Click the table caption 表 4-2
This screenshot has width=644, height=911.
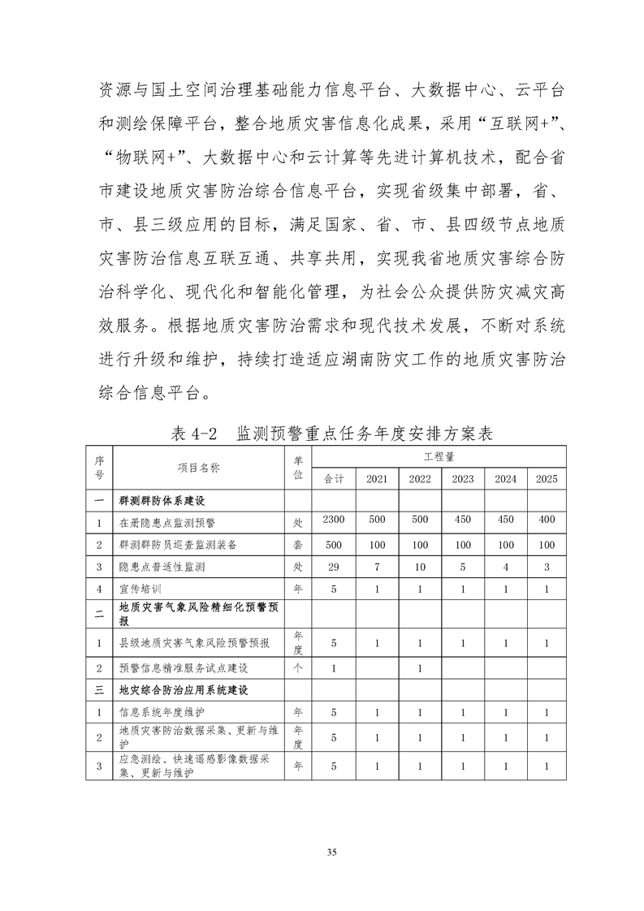pos(196,433)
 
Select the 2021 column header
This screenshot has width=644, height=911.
pos(376,479)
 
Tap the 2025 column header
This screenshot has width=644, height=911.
pos(547,479)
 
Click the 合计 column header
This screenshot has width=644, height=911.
pos(334,479)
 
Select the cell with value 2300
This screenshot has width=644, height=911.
pos(334,520)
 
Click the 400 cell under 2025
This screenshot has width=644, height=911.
pos(547,520)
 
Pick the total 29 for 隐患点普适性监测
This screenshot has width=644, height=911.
pos(334,566)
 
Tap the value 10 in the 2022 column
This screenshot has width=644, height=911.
pos(420,566)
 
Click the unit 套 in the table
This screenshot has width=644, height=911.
pos(297,543)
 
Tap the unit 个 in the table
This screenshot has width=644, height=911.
pos(297,668)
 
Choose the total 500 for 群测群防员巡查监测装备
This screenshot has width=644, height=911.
pos(334,543)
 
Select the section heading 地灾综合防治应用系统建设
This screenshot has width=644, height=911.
pos(183,690)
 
